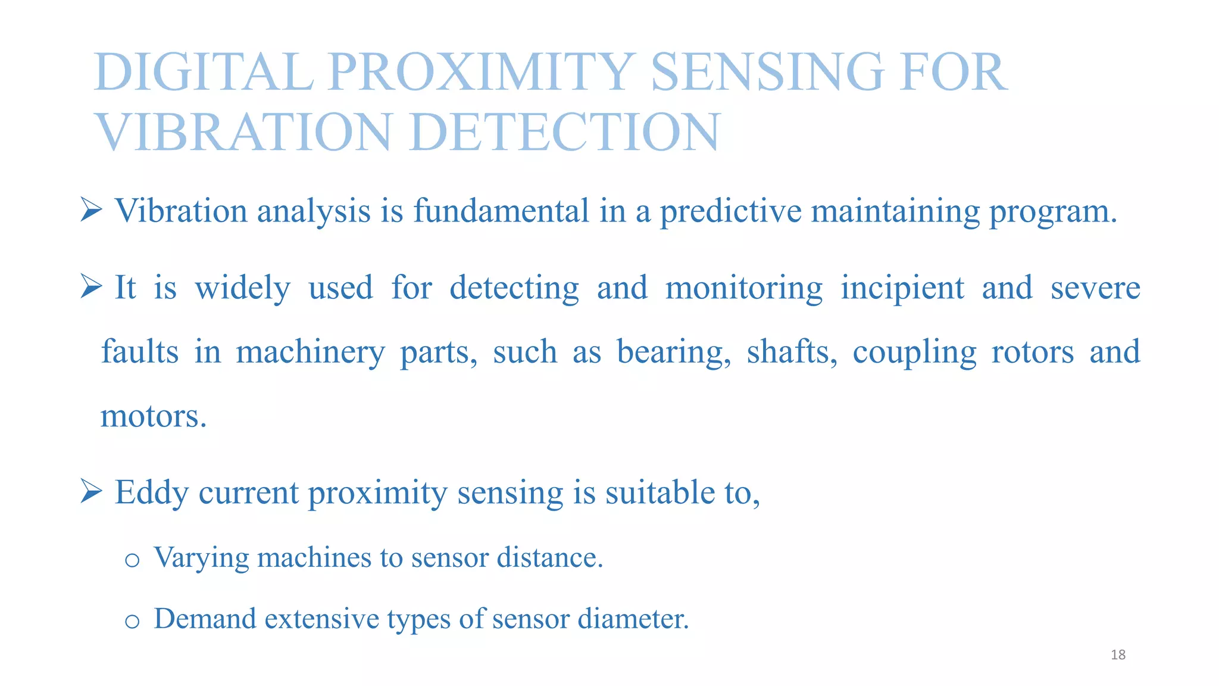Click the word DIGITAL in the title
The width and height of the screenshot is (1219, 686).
204,72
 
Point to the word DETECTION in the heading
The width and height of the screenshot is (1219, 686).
565,132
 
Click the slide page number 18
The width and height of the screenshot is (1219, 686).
1118,655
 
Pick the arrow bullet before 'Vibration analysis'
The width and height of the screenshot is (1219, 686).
92,210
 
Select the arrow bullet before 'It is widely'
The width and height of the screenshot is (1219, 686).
92,287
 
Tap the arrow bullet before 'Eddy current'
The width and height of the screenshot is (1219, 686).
92,492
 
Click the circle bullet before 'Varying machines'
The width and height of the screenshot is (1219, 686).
132,560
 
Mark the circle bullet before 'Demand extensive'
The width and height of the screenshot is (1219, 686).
132,621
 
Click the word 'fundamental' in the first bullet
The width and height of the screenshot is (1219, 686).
501,211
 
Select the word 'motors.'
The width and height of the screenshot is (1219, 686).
154,416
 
